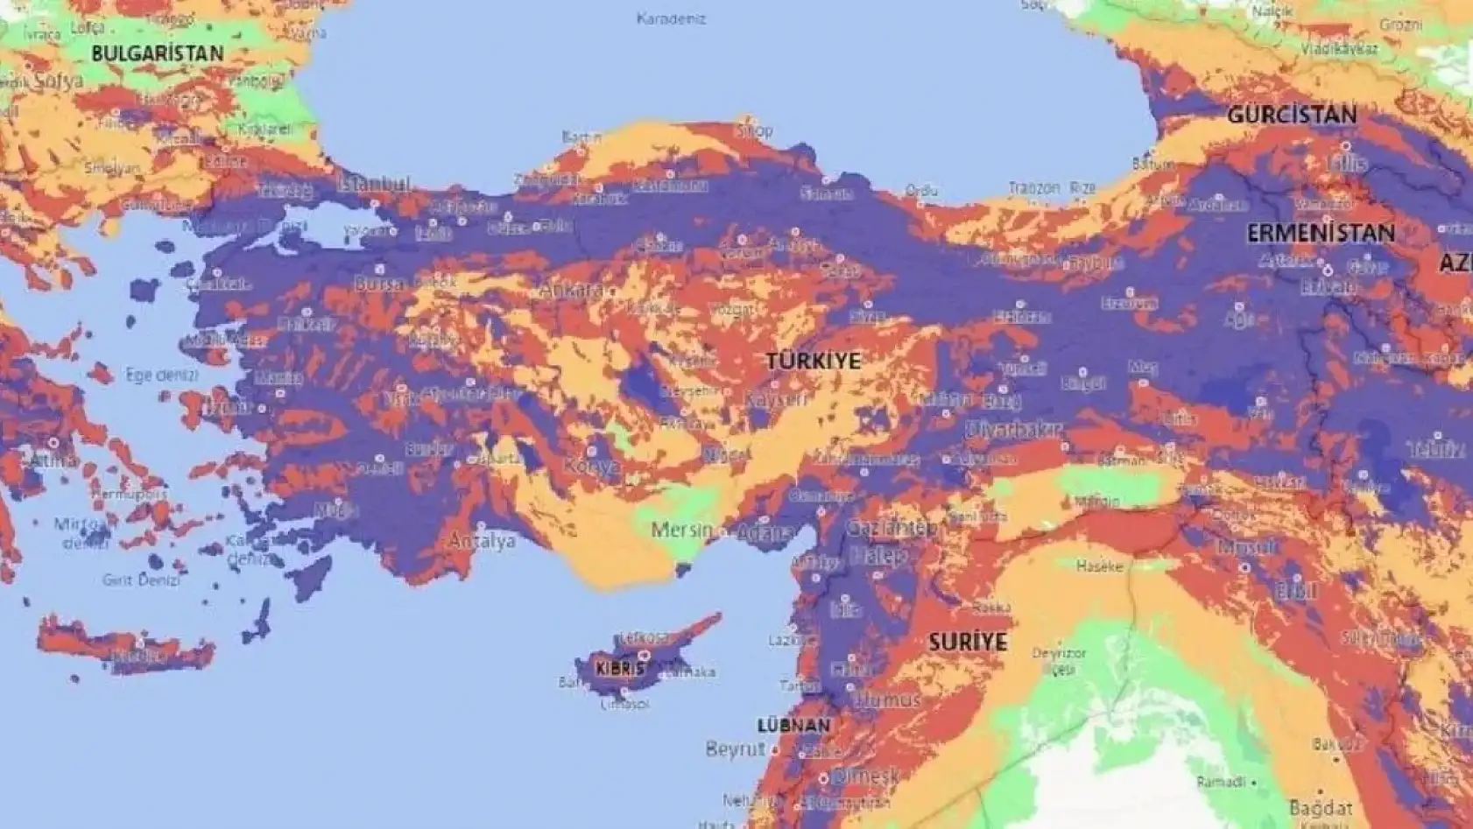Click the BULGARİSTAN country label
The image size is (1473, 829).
click(x=158, y=53)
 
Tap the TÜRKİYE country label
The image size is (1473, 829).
click(x=814, y=361)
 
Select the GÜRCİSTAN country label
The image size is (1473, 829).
click(x=1292, y=115)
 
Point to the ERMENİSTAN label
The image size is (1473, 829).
click(x=1321, y=234)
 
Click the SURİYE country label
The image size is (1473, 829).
click(x=968, y=642)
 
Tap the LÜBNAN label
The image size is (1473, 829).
click(x=793, y=726)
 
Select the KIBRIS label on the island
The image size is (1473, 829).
click(x=619, y=669)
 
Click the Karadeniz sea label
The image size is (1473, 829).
click(x=671, y=18)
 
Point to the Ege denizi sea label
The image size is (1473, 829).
click(x=162, y=375)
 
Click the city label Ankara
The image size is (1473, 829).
click(x=569, y=291)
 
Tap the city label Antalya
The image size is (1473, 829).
click(x=482, y=541)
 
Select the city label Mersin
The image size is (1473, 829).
click(x=682, y=530)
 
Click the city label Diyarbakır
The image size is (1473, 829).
click(x=1013, y=430)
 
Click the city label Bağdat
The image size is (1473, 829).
click(x=1321, y=808)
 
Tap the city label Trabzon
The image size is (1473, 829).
click(x=1033, y=188)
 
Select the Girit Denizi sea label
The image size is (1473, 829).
click(x=141, y=580)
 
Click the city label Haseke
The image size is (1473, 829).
click(x=1099, y=566)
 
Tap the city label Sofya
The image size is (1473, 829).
click(x=59, y=81)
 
